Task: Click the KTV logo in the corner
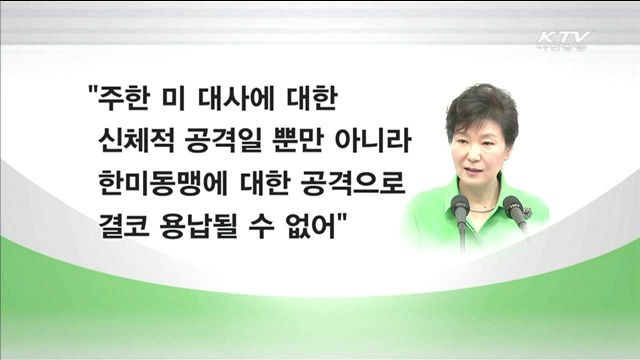click(x=564, y=41)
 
